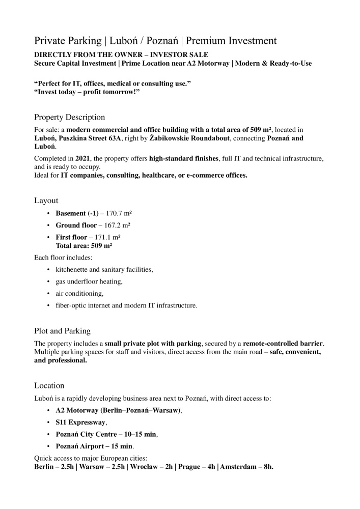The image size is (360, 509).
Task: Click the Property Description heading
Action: (69, 117)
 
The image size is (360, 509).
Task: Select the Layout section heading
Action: (46, 201)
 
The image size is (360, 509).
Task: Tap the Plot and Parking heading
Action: (62, 330)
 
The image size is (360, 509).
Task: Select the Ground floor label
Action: (76, 225)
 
